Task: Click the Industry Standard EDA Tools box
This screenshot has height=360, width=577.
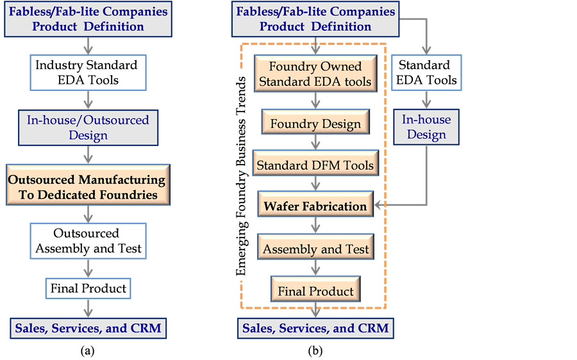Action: tap(86, 73)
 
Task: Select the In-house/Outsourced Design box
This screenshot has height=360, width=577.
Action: tap(88, 127)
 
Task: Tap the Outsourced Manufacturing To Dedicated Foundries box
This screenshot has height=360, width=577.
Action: tap(88, 186)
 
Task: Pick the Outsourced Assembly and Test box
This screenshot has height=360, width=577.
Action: tap(88, 241)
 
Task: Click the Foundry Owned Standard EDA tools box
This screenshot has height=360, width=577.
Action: tap(315, 74)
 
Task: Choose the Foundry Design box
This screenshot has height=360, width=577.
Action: tap(315, 124)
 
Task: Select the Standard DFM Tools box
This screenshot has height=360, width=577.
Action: tap(315, 165)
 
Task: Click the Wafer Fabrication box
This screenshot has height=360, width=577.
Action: tap(315, 206)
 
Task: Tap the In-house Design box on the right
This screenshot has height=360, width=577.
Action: tap(426, 127)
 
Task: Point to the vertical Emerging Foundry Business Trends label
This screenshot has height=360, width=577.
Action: tap(241, 176)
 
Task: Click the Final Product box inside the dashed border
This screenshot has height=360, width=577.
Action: tap(315, 291)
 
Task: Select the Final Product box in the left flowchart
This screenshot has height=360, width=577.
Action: tap(88, 288)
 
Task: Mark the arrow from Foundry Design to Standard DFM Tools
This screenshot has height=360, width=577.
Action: tap(315, 143)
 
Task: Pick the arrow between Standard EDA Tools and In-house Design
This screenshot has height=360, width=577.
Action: tap(426, 100)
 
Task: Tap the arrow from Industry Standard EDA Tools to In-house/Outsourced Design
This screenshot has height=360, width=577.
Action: tap(88, 100)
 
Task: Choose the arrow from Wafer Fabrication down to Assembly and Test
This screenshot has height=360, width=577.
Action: tap(315, 225)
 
